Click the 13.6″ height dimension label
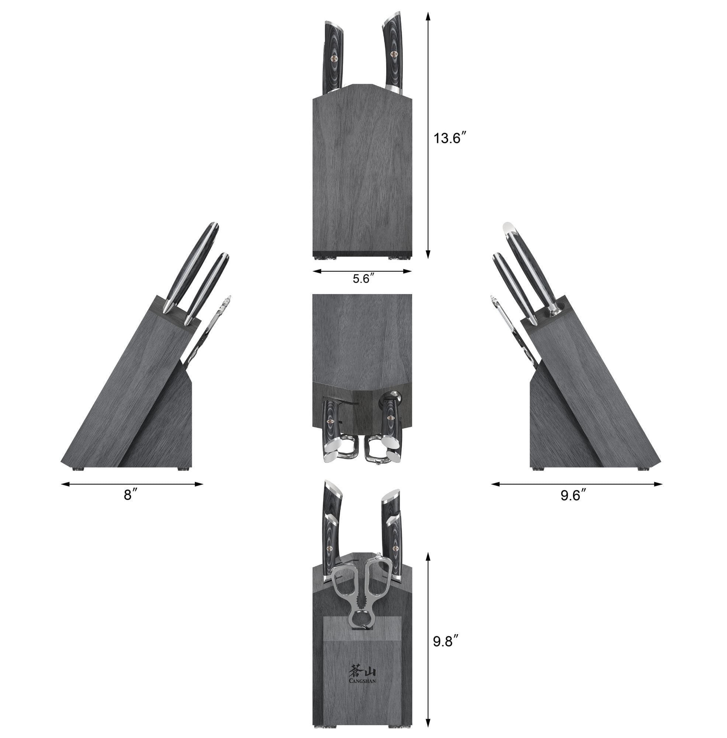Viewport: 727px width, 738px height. pyautogui.click(x=450, y=138)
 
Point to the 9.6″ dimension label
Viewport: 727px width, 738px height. pyautogui.click(x=573, y=496)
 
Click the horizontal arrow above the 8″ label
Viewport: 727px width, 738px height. pyautogui.click(x=132, y=484)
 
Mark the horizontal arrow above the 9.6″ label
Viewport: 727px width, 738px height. pyautogui.click(x=577, y=484)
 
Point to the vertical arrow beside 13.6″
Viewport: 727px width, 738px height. pyautogui.click(x=428, y=135)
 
